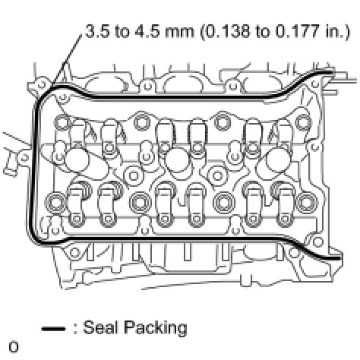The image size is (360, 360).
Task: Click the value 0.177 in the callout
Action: click(297, 32)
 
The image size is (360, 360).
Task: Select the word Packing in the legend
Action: click(156, 329)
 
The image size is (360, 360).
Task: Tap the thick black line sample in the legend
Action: click(53, 329)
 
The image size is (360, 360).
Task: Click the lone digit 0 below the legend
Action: click(14, 347)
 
